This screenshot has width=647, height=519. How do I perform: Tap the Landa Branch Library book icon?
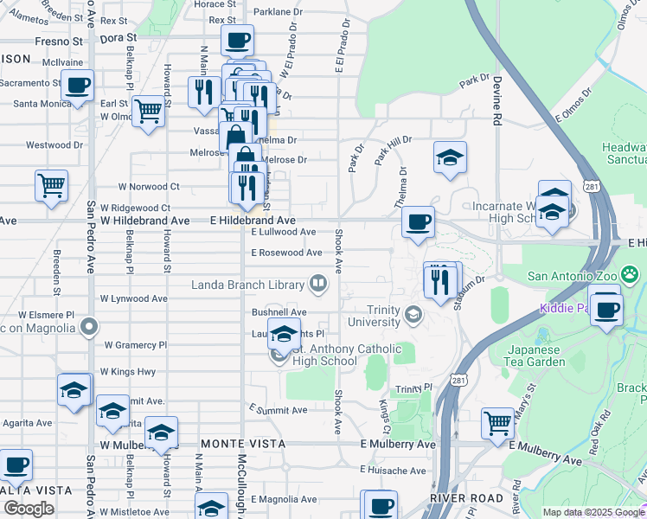(x=318, y=284)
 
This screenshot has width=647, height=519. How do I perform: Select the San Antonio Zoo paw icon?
(x=631, y=275)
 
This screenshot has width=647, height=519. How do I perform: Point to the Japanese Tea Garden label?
(x=535, y=356)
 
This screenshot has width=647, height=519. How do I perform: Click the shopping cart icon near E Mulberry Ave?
(x=497, y=423)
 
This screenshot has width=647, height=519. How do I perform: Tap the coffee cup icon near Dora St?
(x=237, y=40)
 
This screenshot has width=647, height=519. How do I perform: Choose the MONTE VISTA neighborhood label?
(x=230, y=444)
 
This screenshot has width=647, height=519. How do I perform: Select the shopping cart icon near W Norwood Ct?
(x=51, y=184)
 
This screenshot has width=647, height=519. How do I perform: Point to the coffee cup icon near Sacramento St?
(x=77, y=86)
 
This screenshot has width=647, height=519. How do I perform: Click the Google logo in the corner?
(x=29, y=508)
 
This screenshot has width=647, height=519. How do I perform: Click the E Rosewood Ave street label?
(x=286, y=253)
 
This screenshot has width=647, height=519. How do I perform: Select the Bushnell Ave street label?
(x=279, y=312)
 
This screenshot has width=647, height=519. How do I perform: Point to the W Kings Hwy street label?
(x=128, y=371)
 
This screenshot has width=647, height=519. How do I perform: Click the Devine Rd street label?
(x=497, y=93)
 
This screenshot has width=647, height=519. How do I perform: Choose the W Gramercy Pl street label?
(x=135, y=344)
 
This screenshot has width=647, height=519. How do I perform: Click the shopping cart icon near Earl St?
(x=149, y=111)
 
